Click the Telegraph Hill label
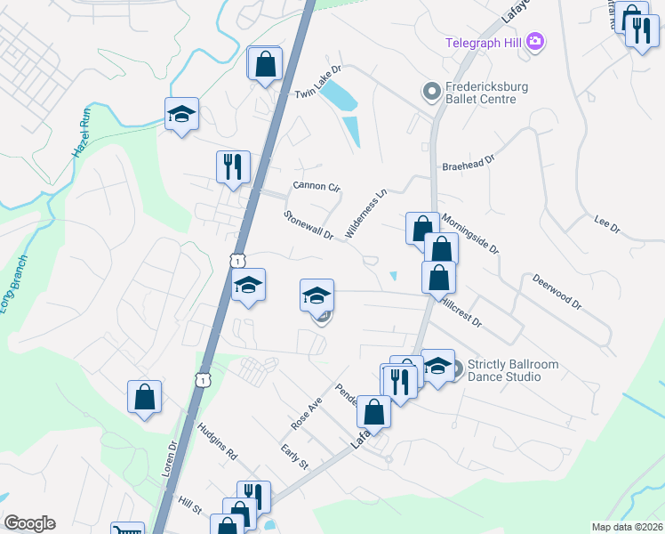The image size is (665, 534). pyautogui.click(x=484, y=41)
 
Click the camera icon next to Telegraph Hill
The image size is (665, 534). pyautogui.click(x=534, y=41)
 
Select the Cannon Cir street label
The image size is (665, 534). pyautogui.click(x=317, y=187)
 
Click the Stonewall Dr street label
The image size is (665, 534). pyautogui.click(x=308, y=225)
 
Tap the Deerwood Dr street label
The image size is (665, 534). pyautogui.click(x=557, y=292)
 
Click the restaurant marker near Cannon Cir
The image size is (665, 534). pyautogui.click(x=233, y=166)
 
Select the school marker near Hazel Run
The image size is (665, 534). pyautogui.click(x=181, y=114)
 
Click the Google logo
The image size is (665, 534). pyautogui.click(x=29, y=523)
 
